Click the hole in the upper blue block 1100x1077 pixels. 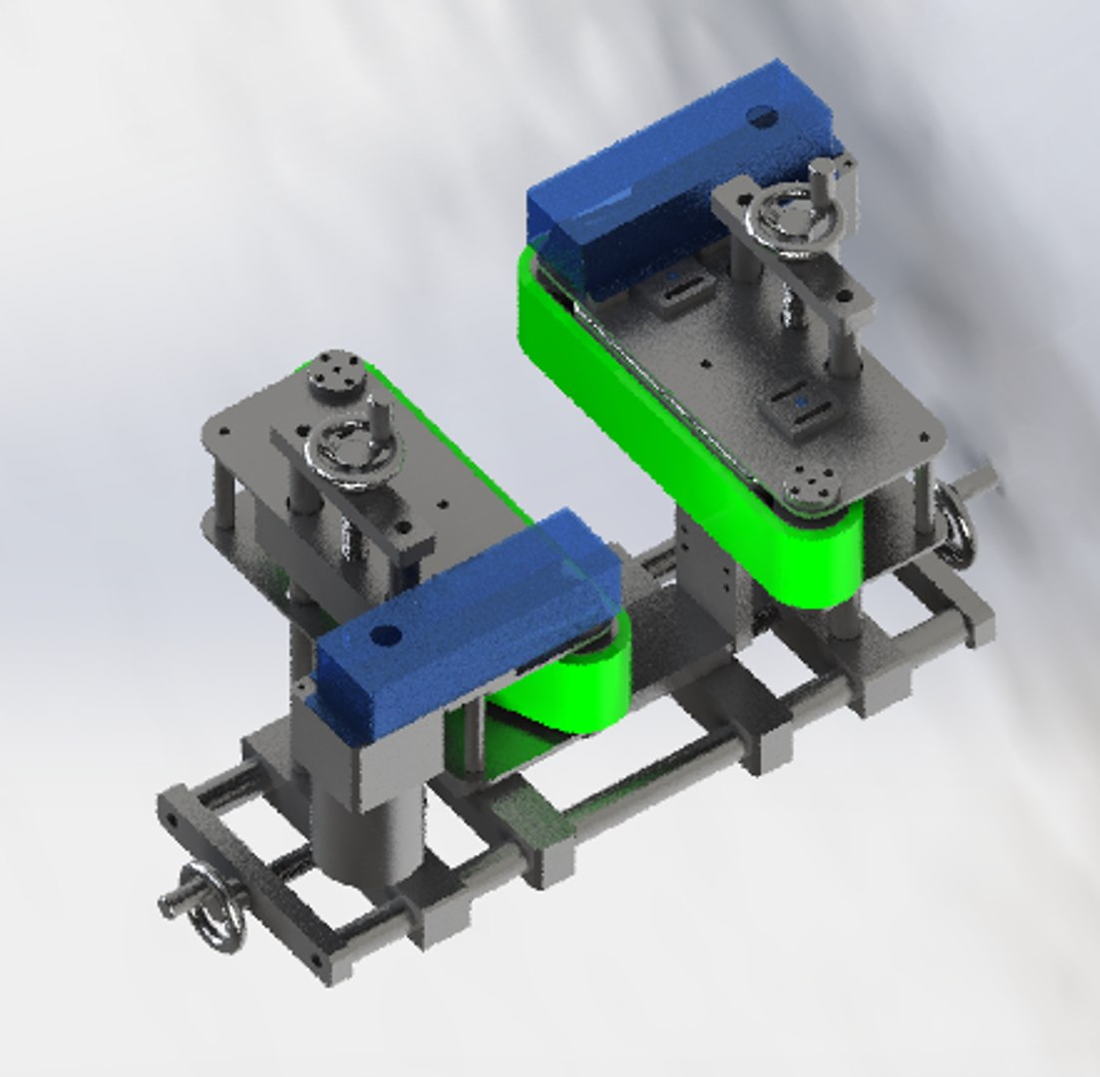pos(765,119)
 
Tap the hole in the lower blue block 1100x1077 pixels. pos(384,635)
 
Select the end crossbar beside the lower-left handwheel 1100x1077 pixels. pos(249,878)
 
